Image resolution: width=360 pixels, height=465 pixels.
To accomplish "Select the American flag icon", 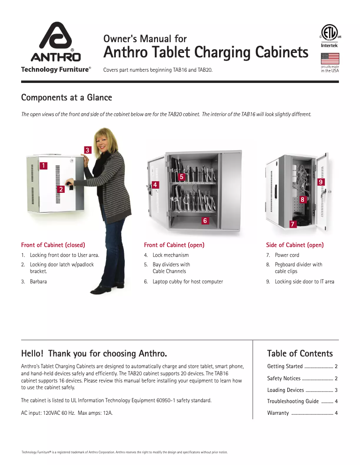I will click(330, 59).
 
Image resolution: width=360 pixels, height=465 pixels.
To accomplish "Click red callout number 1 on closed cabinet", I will click(43, 166).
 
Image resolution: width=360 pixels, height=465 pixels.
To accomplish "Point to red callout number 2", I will click(61, 189).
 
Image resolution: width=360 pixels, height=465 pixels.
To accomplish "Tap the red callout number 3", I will click(88, 150).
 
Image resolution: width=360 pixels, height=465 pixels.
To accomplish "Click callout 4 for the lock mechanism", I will click(155, 185).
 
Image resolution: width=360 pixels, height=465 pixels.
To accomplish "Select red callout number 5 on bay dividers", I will click(182, 177).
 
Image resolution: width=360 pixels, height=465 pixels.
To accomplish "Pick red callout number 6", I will click(205, 221).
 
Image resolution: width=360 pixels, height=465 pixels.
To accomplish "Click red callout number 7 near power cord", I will click(292, 223).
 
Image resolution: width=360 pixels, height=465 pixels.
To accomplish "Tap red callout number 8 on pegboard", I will click(303, 199).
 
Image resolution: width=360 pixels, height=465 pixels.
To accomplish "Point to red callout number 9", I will click(320, 182).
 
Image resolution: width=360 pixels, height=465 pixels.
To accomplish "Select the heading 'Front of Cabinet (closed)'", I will click(53, 245).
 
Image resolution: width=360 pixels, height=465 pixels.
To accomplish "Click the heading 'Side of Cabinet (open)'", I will click(294, 245).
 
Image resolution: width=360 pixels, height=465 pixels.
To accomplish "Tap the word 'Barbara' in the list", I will click(38, 282).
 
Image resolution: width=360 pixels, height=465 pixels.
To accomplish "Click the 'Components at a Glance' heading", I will click(66, 98).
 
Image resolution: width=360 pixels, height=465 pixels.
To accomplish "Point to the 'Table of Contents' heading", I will click(300, 353).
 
